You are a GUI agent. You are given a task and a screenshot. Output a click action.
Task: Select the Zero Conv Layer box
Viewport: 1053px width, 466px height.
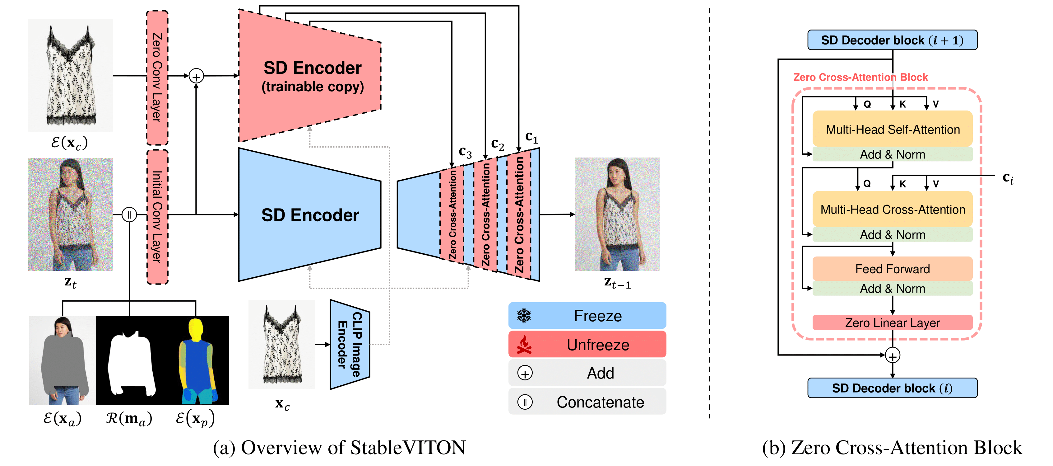point(157,78)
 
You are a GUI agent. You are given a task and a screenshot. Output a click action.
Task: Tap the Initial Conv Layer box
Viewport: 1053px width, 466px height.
point(157,217)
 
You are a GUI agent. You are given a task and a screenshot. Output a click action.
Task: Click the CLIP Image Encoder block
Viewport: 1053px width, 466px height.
point(350,345)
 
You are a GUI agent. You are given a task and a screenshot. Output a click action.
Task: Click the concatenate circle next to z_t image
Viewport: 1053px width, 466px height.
point(129,214)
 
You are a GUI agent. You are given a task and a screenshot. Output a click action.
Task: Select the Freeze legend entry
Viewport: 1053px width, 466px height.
point(587,316)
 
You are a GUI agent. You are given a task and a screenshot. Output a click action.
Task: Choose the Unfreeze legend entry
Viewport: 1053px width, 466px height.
point(587,345)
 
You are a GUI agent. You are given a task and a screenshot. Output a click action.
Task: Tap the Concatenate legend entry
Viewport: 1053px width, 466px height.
point(587,402)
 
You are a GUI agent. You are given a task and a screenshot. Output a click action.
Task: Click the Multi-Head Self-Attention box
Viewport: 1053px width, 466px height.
point(892,129)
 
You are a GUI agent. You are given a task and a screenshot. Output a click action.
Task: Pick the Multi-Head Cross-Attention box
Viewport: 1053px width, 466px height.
point(892,209)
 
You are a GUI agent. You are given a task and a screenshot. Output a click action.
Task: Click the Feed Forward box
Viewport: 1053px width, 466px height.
point(892,269)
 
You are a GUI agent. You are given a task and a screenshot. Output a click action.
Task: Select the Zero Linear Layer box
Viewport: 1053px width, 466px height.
point(892,323)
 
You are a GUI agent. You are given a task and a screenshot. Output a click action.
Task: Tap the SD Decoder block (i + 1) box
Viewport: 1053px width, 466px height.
point(892,40)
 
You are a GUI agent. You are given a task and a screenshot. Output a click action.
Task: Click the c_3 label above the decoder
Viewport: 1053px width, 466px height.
point(465,152)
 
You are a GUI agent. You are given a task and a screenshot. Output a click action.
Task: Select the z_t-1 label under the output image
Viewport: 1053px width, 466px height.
point(617,283)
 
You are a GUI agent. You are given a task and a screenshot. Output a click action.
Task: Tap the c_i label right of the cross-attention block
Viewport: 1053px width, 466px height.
point(1008,178)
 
